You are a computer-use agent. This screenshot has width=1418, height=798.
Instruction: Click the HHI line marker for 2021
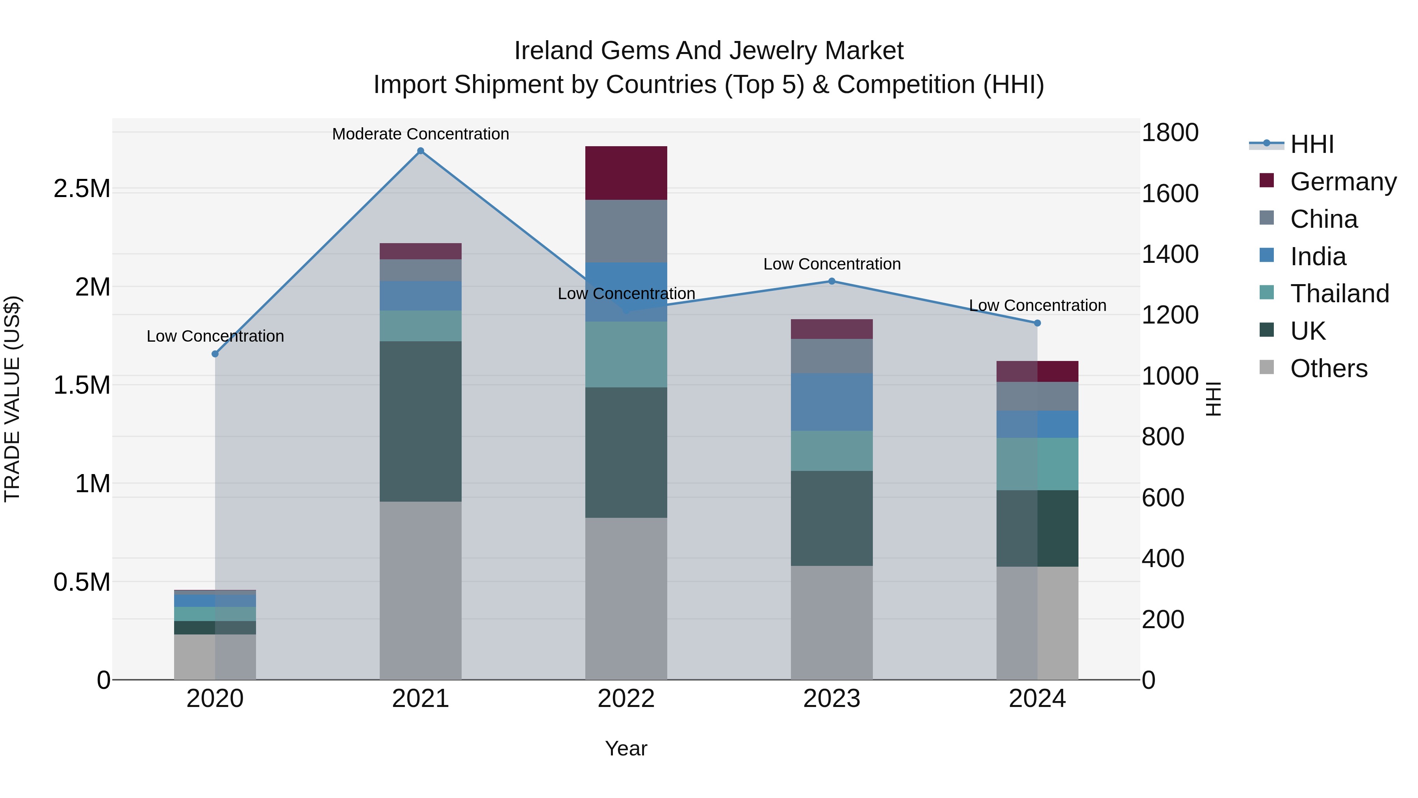(421, 151)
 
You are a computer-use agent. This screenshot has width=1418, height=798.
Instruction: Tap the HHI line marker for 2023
(832, 281)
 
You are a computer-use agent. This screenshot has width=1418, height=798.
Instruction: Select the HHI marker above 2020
(215, 354)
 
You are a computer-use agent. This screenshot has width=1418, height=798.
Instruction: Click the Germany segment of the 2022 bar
(626, 173)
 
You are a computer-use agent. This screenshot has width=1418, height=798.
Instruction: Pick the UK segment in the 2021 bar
(421, 421)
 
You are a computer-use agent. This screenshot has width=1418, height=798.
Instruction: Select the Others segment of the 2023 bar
(832, 622)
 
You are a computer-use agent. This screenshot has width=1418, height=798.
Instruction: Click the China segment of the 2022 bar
(626, 231)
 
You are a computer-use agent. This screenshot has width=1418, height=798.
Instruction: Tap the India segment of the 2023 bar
(832, 402)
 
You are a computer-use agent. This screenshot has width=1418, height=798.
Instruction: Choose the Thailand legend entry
(1339, 294)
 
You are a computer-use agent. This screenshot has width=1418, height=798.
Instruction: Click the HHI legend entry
(1311, 144)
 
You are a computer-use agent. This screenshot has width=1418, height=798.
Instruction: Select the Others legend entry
(1328, 368)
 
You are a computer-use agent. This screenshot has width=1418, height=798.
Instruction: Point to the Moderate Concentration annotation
(421, 134)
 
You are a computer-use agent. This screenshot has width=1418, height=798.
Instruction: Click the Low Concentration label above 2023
(832, 264)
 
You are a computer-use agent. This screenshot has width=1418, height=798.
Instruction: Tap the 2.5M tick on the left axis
(82, 189)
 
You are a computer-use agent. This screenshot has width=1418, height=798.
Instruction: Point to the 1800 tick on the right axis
(1170, 133)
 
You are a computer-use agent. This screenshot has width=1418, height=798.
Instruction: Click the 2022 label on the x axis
(626, 699)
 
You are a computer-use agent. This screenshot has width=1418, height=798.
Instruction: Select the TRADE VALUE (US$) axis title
(12, 399)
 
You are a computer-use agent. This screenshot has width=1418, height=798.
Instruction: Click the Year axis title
(626, 748)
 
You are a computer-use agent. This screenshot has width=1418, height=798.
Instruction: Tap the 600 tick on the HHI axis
(1163, 498)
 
